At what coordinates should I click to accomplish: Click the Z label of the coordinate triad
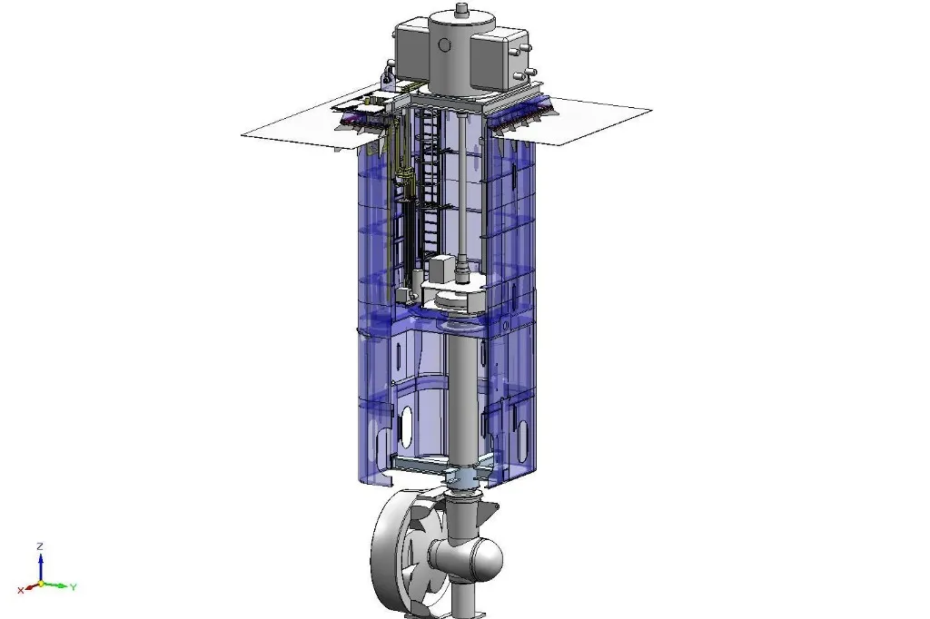tap(40, 546)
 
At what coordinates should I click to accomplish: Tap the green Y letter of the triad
tap(73, 587)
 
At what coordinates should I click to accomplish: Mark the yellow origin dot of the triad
tap(40, 584)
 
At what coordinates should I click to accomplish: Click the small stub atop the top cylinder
tap(461, 10)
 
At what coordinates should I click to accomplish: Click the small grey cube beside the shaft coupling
tap(442, 269)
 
